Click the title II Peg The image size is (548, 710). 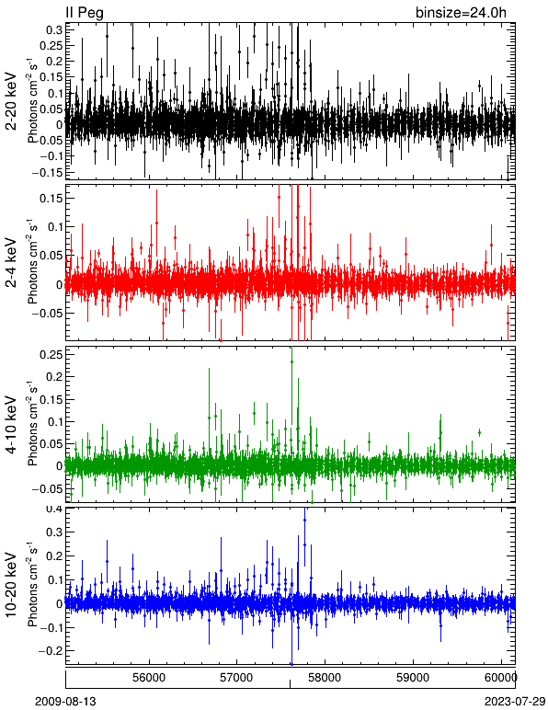click(85, 13)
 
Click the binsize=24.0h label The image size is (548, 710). click(461, 13)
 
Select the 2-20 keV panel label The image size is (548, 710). click(11, 101)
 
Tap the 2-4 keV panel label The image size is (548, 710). click(11, 263)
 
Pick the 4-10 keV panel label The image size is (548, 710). click(11, 425)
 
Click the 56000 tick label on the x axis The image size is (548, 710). click(150, 678)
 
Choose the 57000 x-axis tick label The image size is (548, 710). click(237, 678)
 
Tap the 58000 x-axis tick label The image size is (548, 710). click(325, 678)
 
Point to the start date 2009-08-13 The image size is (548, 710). click(65, 702)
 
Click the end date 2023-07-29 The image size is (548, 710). click(515, 702)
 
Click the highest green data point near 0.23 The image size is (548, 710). click(291, 361)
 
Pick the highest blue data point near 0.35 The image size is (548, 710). click(305, 521)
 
